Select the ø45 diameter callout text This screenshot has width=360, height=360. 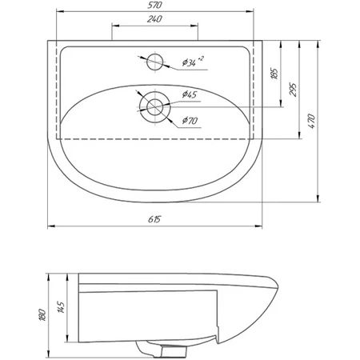click(190, 95)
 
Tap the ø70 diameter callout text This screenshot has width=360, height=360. click(190, 121)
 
